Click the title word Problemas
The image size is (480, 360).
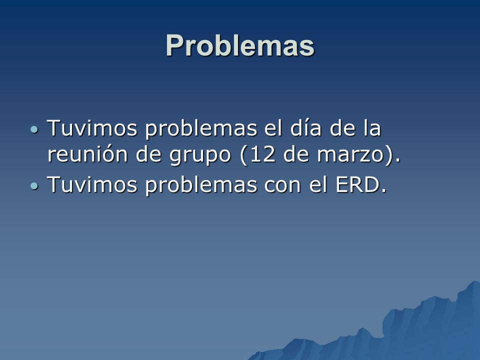click(x=240, y=45)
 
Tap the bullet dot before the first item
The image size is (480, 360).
click(x=35, y=129)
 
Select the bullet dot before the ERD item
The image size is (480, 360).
click(x=35, y=186)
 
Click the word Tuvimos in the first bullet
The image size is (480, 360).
click(x=92, y=127)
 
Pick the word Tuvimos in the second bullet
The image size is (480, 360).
click(x=92, y=184)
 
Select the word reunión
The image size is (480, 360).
click(x=87, y=154)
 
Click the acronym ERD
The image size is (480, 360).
click(x=358, y=184)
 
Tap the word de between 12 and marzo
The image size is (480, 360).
click(x=295, y=153)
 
